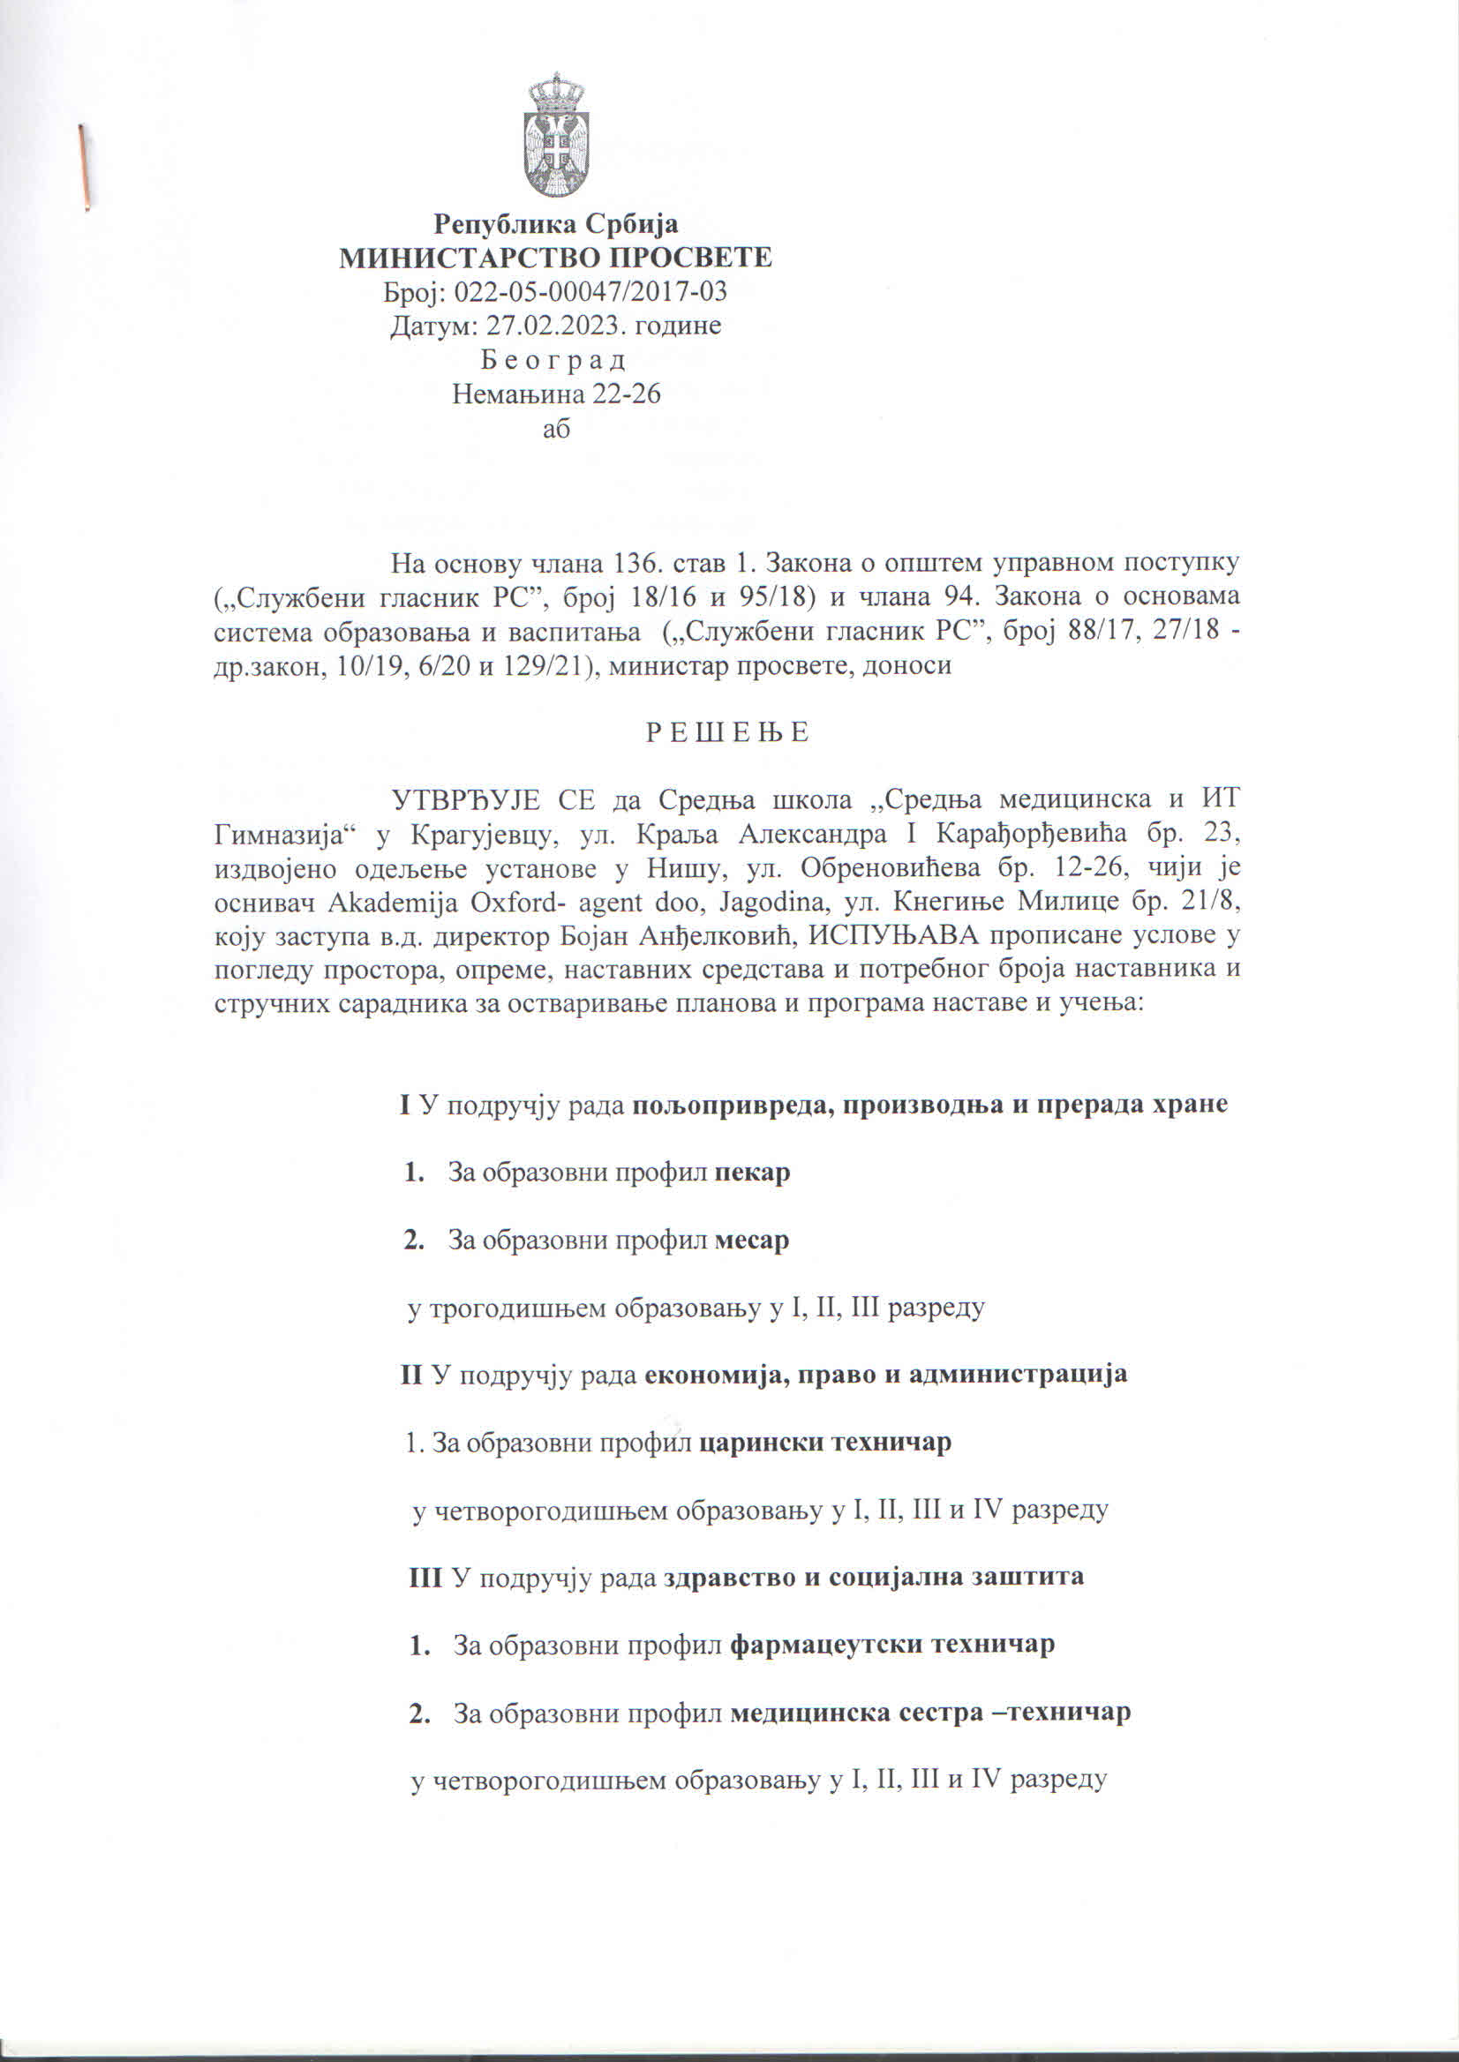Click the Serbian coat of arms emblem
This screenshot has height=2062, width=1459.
(x=555, y=136)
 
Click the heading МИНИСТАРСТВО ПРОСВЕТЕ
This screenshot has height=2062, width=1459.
(x=555, y=258)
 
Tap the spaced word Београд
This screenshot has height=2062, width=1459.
(x=553, y=360)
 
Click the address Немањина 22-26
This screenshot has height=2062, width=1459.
(x=556, y=394)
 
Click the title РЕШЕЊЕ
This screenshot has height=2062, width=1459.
(x=727, y=733)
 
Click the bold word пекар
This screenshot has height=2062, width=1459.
(x=752, y=1173)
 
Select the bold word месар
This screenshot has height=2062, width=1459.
(x=752, y=1241)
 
